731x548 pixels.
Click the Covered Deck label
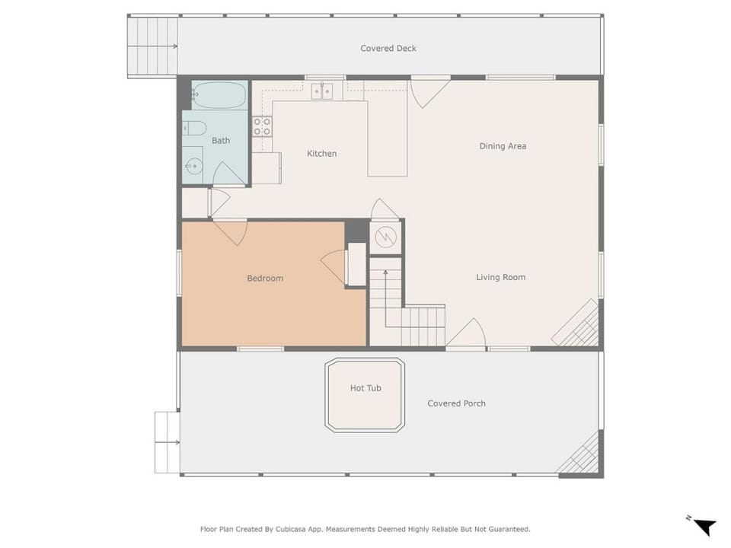tap(388, 49)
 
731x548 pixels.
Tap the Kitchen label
tap(321, 153)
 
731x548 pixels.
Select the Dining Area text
tap(503, 146)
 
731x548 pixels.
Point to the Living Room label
tap(500, 277)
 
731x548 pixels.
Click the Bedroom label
tap(265, 279)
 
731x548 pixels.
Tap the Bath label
tap(221, 140)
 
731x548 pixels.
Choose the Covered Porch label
tap(456, 403)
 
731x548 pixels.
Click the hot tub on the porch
tap(365, 395)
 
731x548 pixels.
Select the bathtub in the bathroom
tap(219, 96)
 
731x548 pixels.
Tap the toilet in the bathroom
tap(194, 128)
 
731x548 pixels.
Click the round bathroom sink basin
tap(193, 166)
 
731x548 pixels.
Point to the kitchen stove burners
tap(262, 127)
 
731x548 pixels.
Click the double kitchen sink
tap(322, 91)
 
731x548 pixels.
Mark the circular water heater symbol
tap(385, 237)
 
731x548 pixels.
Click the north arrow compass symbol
tap(703, 526)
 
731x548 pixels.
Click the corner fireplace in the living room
tap(576, 323)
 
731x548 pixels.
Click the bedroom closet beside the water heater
tap(357, 264)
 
